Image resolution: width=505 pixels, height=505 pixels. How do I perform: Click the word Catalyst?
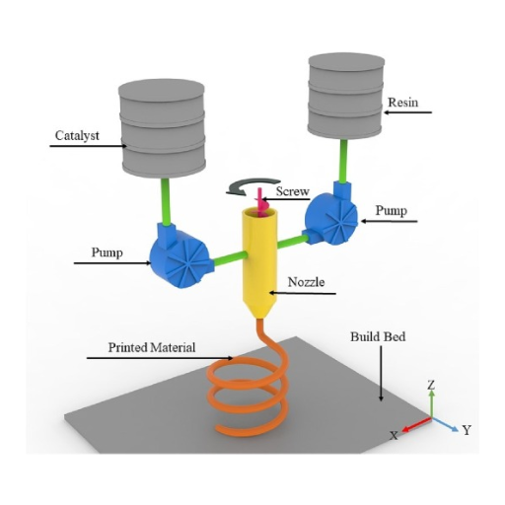[x=77, y=136]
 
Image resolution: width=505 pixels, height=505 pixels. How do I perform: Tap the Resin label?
[x=403, y=103]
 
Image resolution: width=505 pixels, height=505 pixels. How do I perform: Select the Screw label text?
[x=293, y=191]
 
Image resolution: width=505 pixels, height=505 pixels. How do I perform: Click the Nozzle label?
[x=306, y=282]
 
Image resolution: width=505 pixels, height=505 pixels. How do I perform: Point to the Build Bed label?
[x=378, y=336]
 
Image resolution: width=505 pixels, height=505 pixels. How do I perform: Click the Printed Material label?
[x=152, y=347]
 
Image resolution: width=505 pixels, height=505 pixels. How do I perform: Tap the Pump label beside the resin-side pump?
[x=392, y=211]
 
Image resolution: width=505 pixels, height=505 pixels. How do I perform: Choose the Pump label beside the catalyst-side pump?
[x=108, y=252]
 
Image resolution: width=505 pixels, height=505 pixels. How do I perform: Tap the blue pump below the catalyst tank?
[x=180, y=254]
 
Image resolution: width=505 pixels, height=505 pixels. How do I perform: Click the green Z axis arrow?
[x=432, y=402]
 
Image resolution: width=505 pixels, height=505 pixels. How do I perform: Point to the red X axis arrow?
[x=416, y=424]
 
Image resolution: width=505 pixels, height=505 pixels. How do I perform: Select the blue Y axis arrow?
[x=445, y=424]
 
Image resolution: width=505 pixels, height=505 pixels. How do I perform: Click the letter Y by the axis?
[x=467, y=430]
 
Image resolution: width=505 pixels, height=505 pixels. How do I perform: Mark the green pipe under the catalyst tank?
[x=166, y=201]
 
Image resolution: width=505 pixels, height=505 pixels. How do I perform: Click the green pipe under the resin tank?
[x=344, y=161]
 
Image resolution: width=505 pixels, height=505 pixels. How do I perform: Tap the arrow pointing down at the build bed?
[x=382, y=373]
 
